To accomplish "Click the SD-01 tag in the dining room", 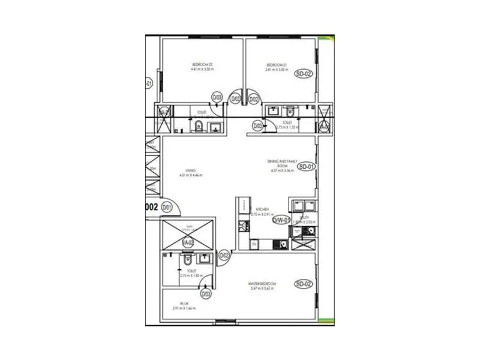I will coord(306,166).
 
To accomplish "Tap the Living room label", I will coord(191,170).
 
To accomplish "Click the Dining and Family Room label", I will coord(281,163).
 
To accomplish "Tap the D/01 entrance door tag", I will coord(166,208).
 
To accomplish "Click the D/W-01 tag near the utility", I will coord(281,220).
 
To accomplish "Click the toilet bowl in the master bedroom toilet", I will coord(188,259).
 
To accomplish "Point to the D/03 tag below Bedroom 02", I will coord(217,97).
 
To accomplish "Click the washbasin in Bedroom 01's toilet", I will coord(274,111).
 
